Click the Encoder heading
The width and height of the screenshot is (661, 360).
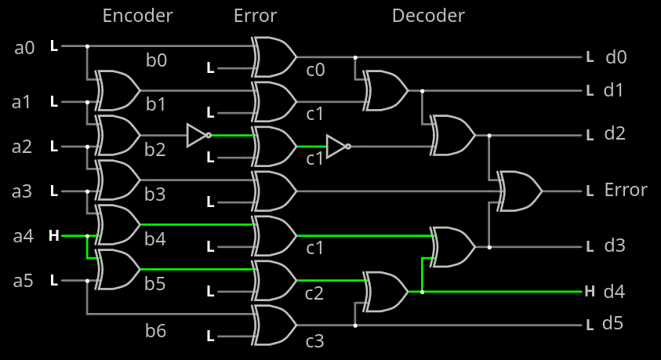click(x=138, y=16)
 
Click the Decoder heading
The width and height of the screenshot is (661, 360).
click(x=428, y=16)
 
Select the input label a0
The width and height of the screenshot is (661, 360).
click(x=25, y=48)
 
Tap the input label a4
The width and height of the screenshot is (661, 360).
click(x=25, y=235)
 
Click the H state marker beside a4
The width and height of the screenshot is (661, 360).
click(x=53, y=235)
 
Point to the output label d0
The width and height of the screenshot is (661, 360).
click(x=616, y=56)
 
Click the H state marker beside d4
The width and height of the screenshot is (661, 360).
click(x=590, y=292)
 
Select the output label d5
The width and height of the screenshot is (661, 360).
click(x=612, y=323)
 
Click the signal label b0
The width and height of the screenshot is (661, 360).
click(x=156, y=60)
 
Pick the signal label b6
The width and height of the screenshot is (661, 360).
click(x=155, y=331)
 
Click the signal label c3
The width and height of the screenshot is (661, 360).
click(x=315, y=341)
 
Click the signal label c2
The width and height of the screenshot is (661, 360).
click(x=315, y=294)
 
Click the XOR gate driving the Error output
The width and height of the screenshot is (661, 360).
click(x=520, y=191)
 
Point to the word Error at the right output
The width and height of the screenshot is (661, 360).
click(x=626, y=190)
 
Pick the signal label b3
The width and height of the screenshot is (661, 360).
click(x=155, y=195)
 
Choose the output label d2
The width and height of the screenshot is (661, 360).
click(x=615, y=133)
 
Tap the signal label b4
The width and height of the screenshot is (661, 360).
click(x=155, y=239)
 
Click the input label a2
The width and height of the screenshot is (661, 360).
click(x=25, y=146)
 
